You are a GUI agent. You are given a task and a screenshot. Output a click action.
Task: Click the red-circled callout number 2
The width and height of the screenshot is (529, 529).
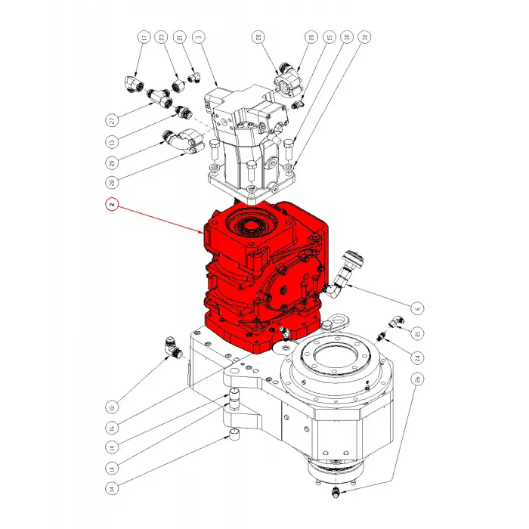[x=111, y=204]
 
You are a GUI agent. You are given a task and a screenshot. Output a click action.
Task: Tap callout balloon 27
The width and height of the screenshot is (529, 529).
[x=111, y=119]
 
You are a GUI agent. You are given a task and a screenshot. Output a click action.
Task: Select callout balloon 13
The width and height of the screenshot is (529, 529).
[x=111, y=141]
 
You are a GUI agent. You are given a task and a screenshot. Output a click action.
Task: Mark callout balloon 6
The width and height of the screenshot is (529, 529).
[x=416, y=307]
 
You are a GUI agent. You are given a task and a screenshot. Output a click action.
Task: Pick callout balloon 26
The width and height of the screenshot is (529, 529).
[x=416, y=379]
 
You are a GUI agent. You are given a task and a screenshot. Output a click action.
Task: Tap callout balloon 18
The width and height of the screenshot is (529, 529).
[x=111, y=403]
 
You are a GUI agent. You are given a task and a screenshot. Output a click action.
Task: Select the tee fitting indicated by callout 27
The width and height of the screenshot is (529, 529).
[x=159, y=97]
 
